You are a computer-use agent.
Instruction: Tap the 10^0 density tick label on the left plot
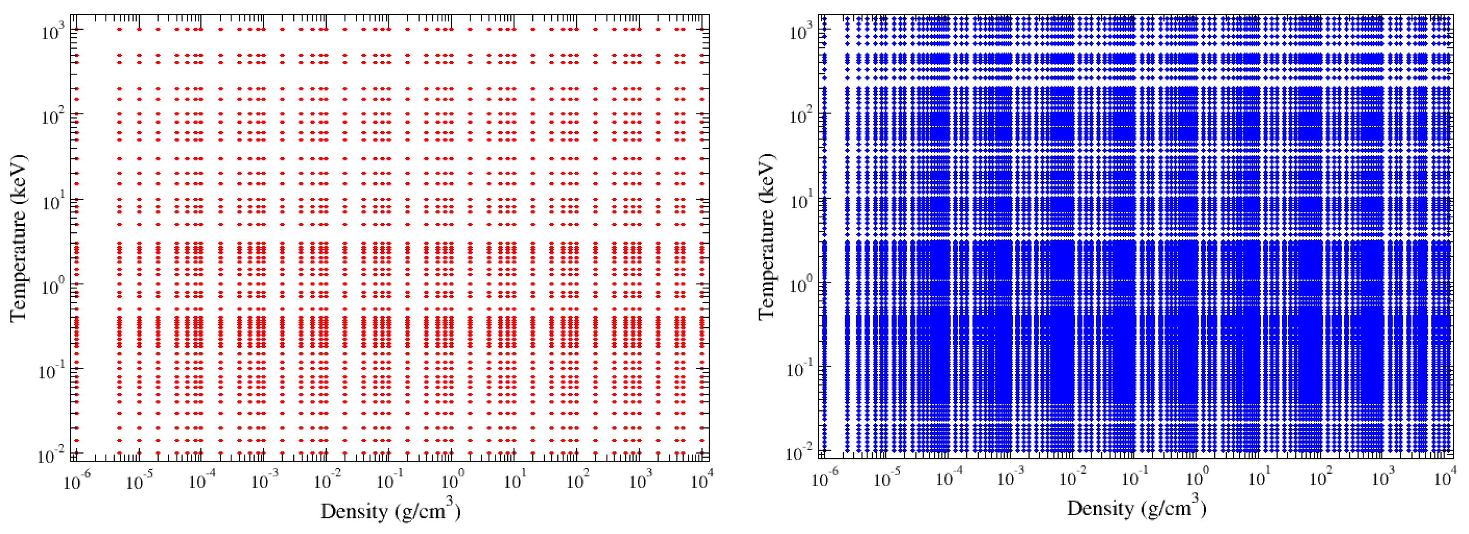pyautogui.click(x=450, y=482)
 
